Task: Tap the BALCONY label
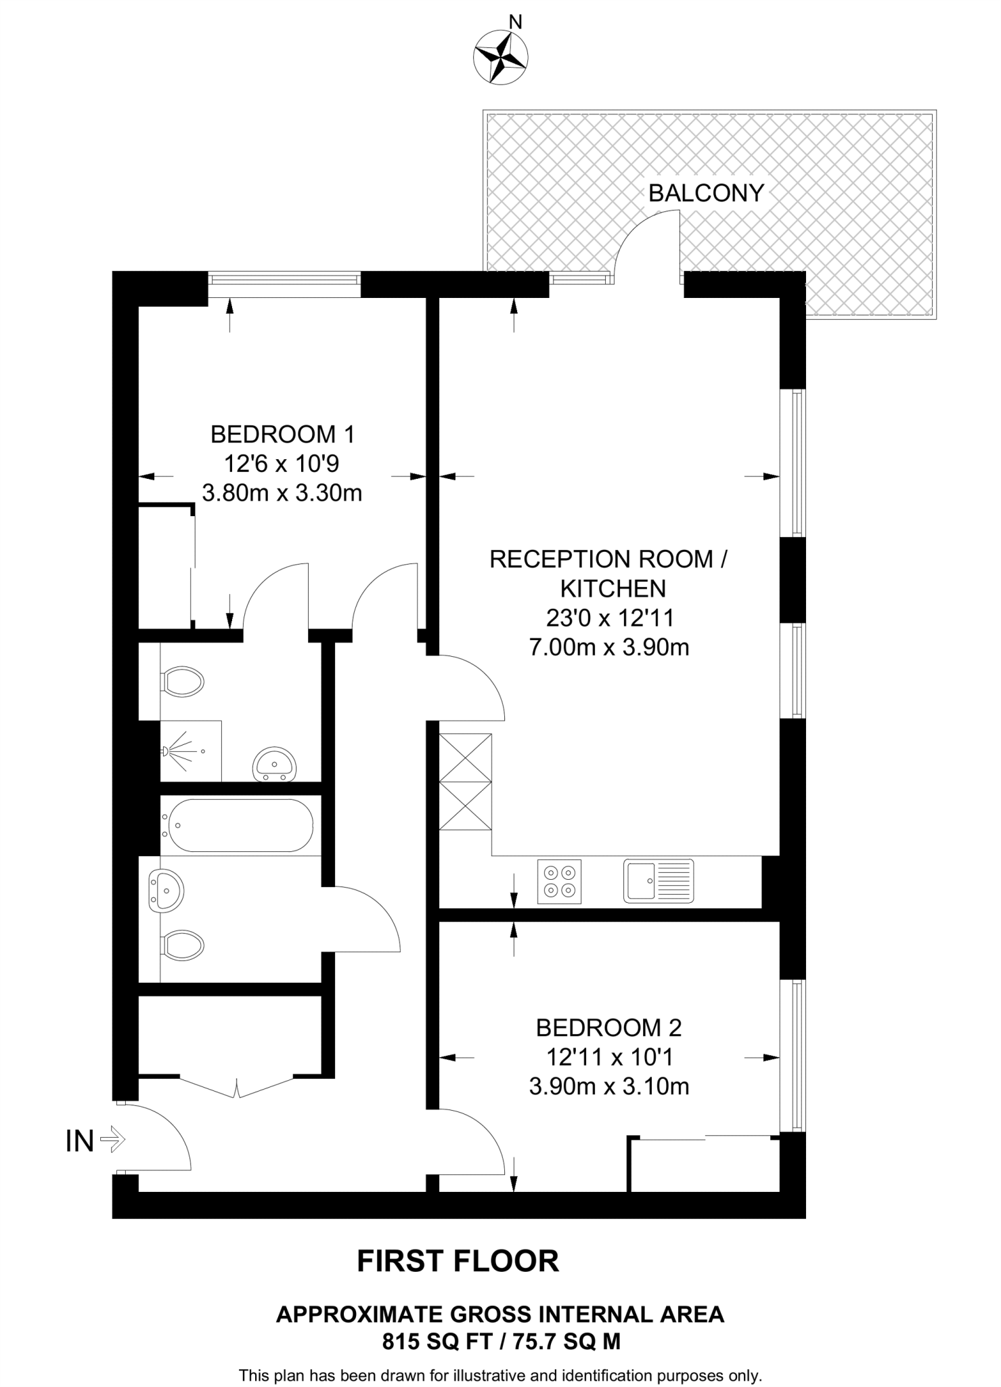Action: coord(705,194)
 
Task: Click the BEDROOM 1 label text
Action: coord(282,434)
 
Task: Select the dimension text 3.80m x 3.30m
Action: coord(282,493)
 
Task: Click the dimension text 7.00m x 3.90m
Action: coord(608,647)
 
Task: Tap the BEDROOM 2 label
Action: coord(608,1027)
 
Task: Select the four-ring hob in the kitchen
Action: coord(559,881)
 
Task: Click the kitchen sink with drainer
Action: coord(659,881)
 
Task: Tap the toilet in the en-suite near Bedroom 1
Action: coord(183,681)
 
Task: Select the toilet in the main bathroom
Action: coord(183,945)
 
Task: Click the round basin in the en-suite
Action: coord(274,765)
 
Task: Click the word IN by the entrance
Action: coord(79,1141)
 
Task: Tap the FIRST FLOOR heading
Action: coord(458,1261)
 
